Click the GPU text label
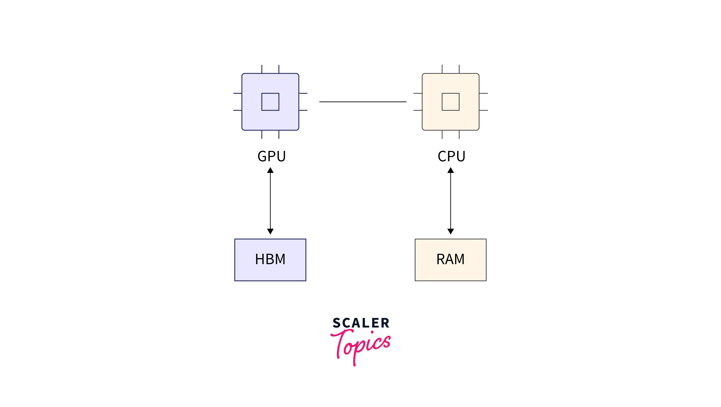pyautogui.click(x=271, y=156)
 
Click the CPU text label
pyautogui.click(x=451, y=156)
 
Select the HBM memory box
pyautogui.click(x=270, y=260)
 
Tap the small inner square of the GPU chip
pyautogui.click(x=270, y=102)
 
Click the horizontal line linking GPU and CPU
pyautogui.click(x=363, y=102)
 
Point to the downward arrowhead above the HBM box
pyautogui.click(x=270, y=231)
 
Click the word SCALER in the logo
pyautogui.click(x=361, y=323)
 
